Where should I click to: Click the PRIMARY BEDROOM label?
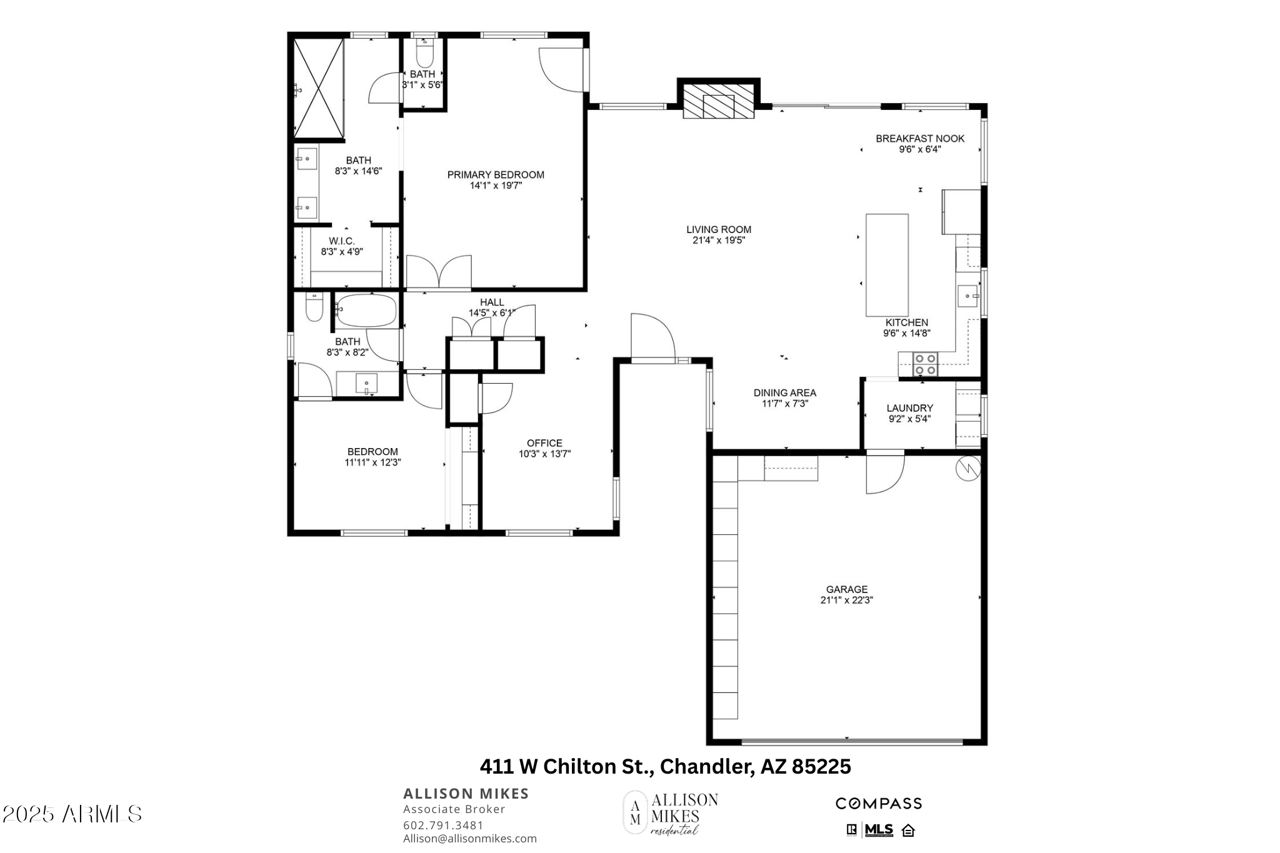(496, 175)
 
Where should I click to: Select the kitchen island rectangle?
(887, 265)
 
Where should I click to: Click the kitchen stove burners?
(926, 364)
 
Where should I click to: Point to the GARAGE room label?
(847, 589)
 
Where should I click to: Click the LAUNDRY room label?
(909, 408)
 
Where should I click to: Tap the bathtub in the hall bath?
(366, 311)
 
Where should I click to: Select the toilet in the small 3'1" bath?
(424, 53)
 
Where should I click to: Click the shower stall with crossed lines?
(319, 87)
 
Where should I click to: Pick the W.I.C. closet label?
(342, 241)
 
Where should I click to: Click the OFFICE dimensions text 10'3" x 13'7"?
(544, 454)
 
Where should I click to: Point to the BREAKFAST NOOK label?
(920, 139)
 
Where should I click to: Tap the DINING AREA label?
(785, 393)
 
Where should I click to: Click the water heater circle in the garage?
(967, 469)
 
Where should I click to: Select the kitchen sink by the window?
(968, 296)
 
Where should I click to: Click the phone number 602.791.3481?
(443, 826)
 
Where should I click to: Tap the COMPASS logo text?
(879, 804)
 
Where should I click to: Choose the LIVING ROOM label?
(719, 229)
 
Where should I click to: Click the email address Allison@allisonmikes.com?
(470, 839)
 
